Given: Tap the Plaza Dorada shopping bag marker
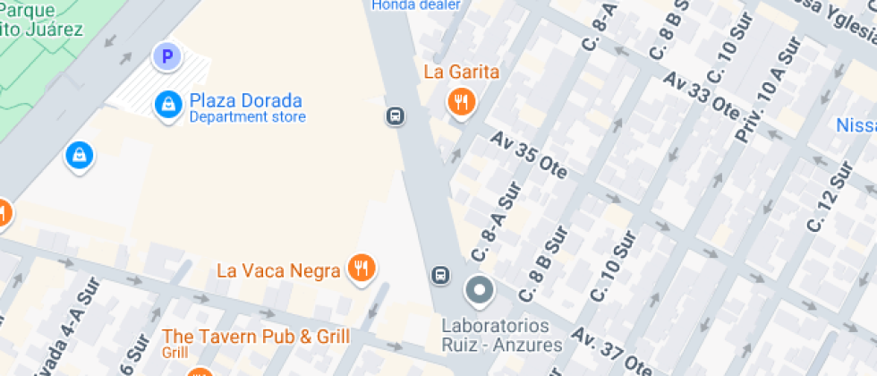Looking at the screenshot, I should coord(166,105).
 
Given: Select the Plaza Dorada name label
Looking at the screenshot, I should coord(245,100).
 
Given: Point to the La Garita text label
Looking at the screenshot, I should coord(461,72).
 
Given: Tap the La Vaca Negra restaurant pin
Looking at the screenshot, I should coord(362,267).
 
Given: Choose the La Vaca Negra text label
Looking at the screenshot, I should coord(279,269).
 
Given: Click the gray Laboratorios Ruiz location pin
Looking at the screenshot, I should coord(480,290).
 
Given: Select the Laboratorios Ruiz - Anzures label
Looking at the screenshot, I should coord(502,335).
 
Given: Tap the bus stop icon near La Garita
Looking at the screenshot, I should coord(395,116).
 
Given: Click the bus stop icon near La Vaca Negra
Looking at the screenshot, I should coord(440,275).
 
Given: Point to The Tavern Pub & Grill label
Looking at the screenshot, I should coord(256,337).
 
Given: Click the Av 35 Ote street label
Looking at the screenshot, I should coord(529,156).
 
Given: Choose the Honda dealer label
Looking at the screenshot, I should coord(416,4).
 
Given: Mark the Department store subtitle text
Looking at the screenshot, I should coord(247,117).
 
